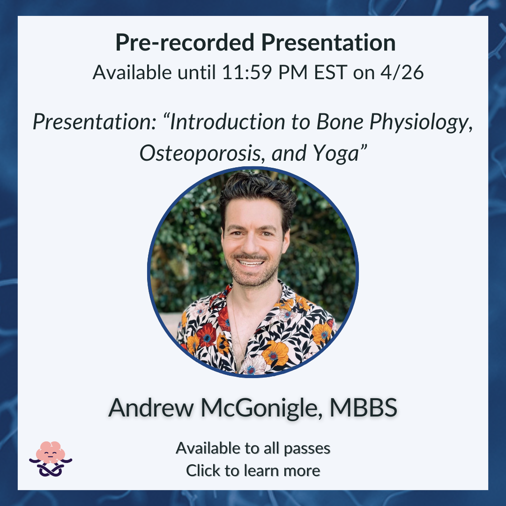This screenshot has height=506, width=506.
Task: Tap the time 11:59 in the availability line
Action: pyautogui.click(x=247, y=72)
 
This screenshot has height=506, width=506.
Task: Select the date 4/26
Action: pyautogui.click(x=402, y=72)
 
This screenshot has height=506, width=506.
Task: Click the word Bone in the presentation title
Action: pyautogui.click(x=340, y=122)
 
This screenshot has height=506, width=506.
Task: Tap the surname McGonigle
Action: pyautogui.click(x=261, y=408)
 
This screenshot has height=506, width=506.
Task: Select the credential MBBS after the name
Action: pyautogui.click(x=364, y=408)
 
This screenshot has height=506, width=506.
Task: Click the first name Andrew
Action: pyautogui.click(x=151, y=408)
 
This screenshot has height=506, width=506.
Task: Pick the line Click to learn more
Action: pyautogui.click(x=253, y=470)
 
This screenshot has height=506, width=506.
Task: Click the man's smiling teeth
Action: pyautogui.click(x=251, y=263)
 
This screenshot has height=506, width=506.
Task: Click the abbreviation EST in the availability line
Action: pyautogui.click(x=330, y=72)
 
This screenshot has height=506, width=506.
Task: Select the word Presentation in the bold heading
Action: pyautogui.click(x=328, y=43)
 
